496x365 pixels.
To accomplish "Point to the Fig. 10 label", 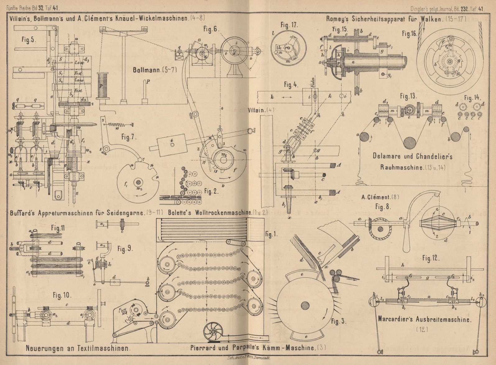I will point(62,295).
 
